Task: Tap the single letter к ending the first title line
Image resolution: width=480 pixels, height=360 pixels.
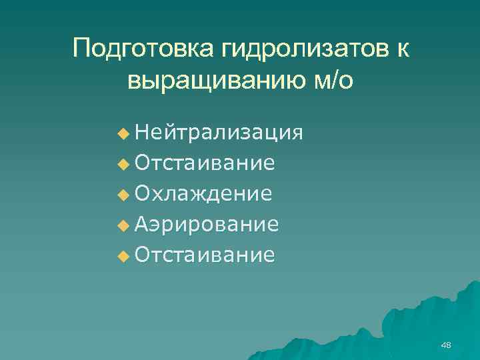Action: click(x=402, y=49)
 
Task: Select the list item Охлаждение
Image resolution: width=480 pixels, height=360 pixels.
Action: click(x=203, y=194)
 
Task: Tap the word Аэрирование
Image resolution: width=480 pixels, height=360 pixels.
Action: click(x=207, y=225)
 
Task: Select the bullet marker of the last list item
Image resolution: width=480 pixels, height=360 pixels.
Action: click(x=122, y=256)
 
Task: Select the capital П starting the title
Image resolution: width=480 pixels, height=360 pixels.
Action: click(x=83, y=49)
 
